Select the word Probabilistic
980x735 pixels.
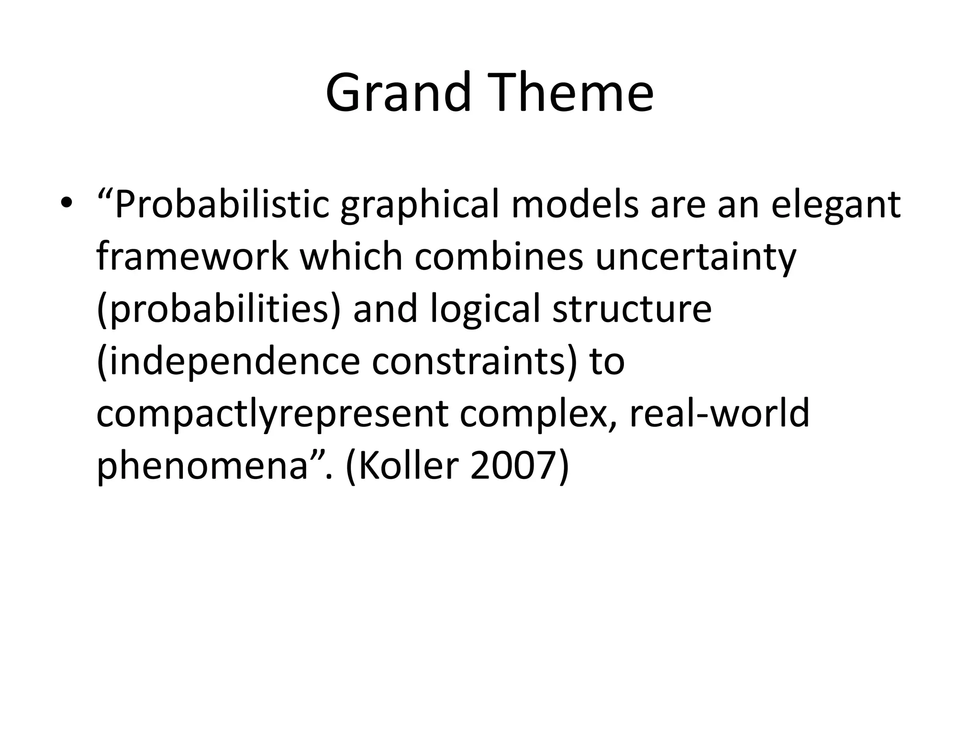pos(222,205)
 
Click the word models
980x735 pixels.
pos(575,205)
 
